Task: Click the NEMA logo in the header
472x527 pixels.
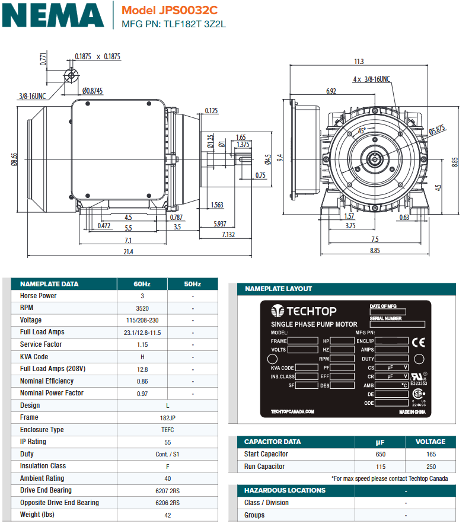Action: pos(53,15)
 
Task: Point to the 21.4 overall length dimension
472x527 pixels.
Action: pos(128,252)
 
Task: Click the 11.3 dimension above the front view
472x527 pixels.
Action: pos(359,62)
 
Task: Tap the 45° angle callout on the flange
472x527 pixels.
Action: pos(362,130)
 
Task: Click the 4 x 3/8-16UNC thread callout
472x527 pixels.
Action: pos(372,79)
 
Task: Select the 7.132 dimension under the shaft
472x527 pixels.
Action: pos(228,235)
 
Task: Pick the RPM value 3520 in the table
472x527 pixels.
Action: pos(142,308)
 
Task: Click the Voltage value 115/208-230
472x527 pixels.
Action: pos(142,320)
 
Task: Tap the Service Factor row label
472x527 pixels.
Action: pos(41,344)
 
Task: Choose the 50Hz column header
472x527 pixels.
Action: pos(193,284)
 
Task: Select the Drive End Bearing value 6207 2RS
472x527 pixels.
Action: pos(142,491)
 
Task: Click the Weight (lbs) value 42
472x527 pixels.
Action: pos(142,515)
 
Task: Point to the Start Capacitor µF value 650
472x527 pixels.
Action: pos(380,454)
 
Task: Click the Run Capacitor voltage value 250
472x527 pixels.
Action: pos(430,467)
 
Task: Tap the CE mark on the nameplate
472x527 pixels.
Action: pos(418,342)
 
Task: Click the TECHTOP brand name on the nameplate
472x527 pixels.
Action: pos(311,311)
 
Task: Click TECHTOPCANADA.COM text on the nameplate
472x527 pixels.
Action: pos(292,411)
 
